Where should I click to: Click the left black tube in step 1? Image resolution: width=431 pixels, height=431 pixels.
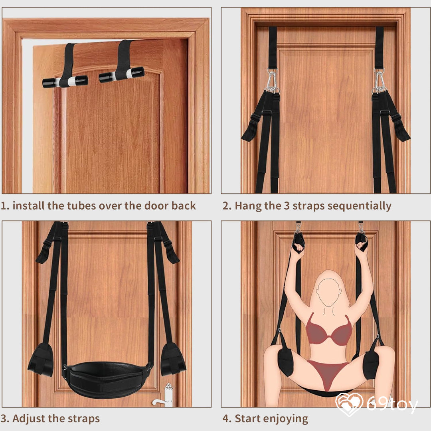click(x=65, y=82)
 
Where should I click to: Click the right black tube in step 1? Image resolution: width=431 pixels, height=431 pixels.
click(x=122, y=75)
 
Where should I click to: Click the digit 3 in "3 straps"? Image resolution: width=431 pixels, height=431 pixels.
click(x=287, y=206)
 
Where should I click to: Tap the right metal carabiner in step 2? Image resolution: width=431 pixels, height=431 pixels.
click(x=380, y=81)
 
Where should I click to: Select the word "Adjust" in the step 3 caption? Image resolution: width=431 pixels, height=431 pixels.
click(x=28, y=419)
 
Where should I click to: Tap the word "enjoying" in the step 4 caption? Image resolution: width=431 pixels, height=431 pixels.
click(x=285, y=419)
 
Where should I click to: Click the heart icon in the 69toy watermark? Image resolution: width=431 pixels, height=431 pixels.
click(x=349, y=404)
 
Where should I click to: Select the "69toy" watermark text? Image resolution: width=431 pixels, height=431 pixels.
click(x=392, y=404)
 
